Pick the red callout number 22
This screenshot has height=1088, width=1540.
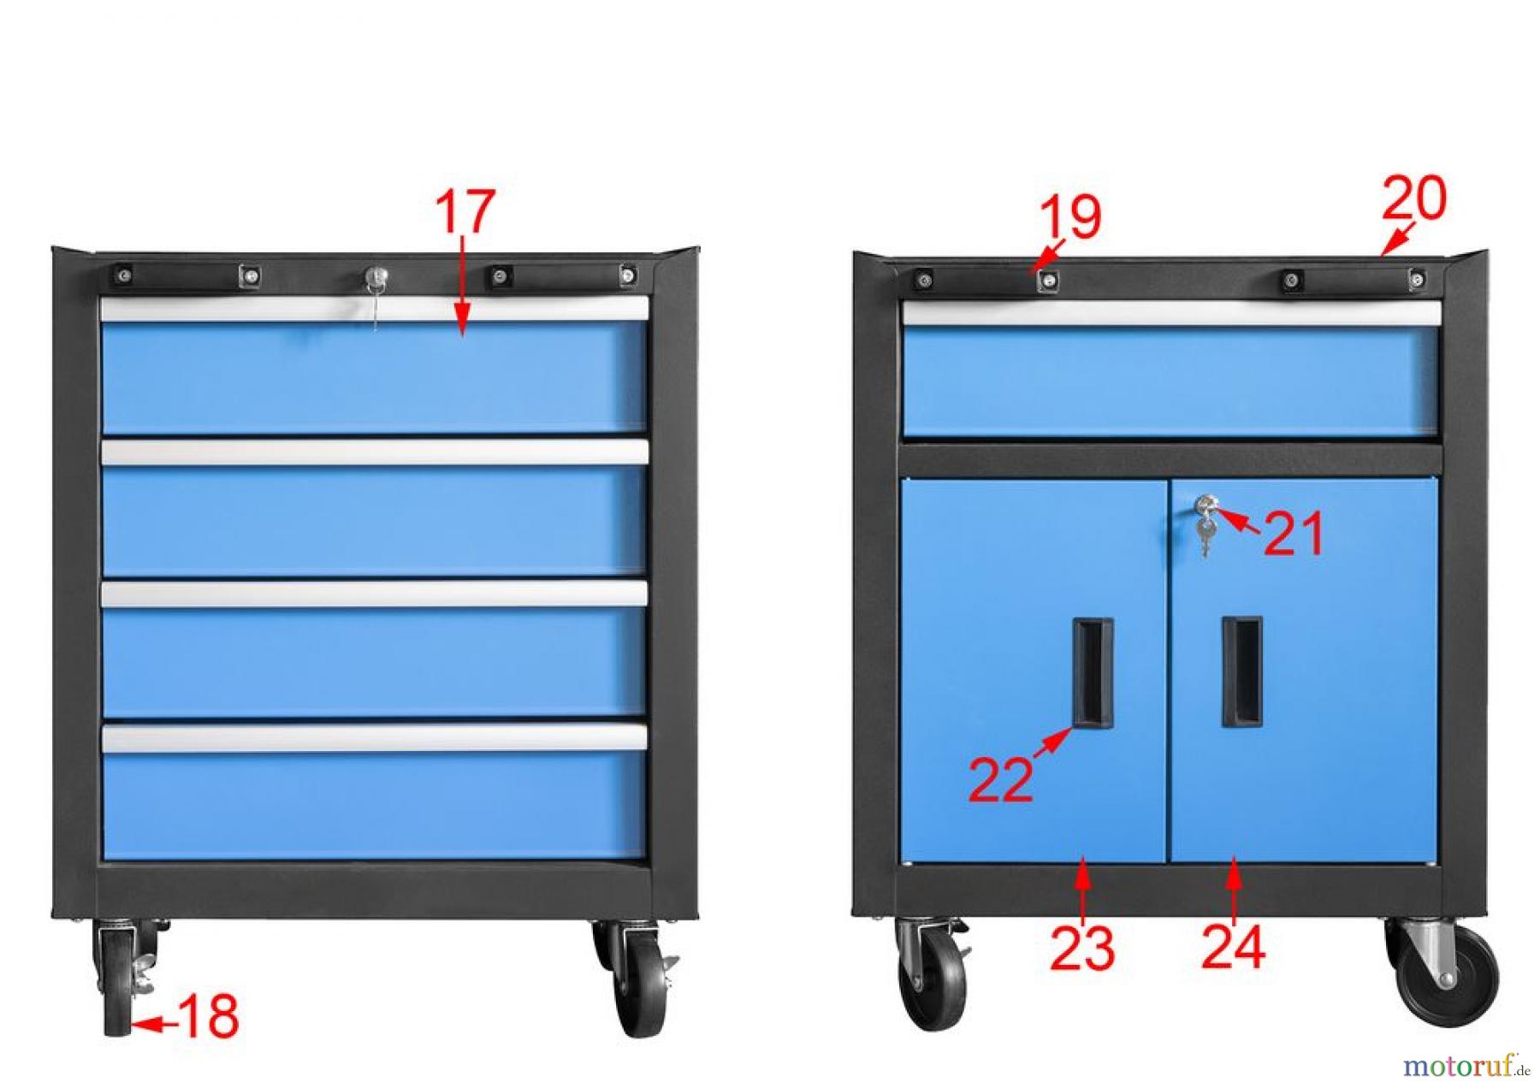click(1000, 779)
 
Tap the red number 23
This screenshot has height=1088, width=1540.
click(1082, 948)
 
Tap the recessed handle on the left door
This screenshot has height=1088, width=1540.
click(1093, 672)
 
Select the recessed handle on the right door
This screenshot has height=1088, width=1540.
click(1241, 671)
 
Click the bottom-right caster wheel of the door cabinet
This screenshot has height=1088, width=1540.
click(1443, 972)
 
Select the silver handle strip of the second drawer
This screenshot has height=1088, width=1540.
click(375, 452)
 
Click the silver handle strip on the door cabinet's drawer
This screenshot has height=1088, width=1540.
click(1171, 313)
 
